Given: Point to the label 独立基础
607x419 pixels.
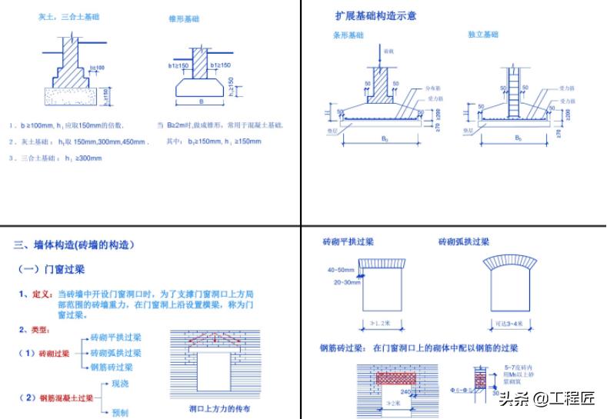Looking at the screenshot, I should point(482,35).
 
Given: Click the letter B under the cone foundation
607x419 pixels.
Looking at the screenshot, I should point(201,101).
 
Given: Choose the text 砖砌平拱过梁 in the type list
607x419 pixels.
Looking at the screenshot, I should point(115,338).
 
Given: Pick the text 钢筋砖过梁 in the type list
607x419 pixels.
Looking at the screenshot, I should point(111,367).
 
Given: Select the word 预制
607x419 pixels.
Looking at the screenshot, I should point(120,412).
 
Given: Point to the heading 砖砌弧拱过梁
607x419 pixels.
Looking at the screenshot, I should point(463,241).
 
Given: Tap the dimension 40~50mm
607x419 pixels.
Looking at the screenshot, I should point(341,271).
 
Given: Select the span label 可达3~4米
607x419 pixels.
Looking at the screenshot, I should point(509,324).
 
